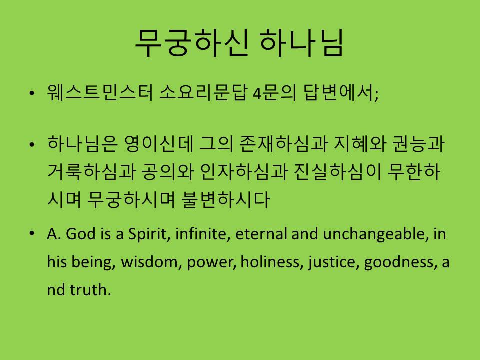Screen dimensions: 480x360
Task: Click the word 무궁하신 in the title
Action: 192,43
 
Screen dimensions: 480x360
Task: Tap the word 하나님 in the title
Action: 302,43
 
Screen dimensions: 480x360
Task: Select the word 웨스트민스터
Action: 100,92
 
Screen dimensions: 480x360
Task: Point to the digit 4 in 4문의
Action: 256,93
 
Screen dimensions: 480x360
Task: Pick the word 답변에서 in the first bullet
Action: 339,92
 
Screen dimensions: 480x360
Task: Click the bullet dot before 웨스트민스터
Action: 32,93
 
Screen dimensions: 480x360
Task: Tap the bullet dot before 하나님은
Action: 32,145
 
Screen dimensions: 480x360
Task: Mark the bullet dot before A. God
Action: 32,234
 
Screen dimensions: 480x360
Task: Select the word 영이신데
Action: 159,144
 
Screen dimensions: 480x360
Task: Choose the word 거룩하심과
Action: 91,171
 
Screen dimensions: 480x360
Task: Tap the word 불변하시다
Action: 225,199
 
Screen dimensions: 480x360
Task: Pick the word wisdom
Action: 149,262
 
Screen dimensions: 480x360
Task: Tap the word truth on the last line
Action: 90,290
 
